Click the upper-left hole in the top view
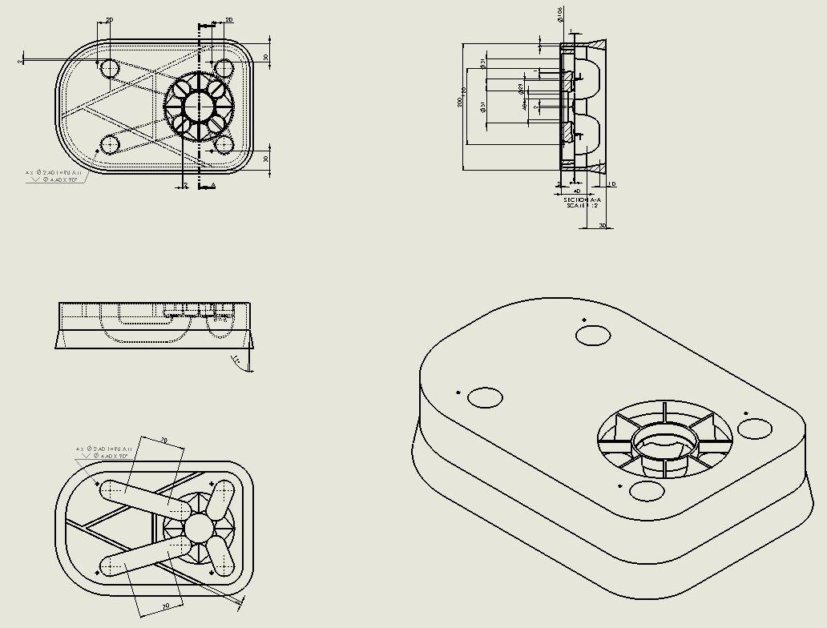tap(109, 67)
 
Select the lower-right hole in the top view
tap(224, 144)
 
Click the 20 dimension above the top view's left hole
tap(108, 20)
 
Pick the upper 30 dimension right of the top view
tap(266, 58)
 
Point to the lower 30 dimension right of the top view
tap(266, 159)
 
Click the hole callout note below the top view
tap(54, 176)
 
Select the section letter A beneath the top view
tap(212, 186)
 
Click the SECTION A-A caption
tap(582, 199)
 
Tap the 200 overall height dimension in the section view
tap(460, 103)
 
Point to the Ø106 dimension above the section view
tap(559, 14)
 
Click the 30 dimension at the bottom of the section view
tap(603, 226)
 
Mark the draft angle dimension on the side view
tap(236, 360)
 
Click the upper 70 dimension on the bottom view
tap(163, 441)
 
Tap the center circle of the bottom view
tap(197, 526)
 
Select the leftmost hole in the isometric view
tap(485, 397)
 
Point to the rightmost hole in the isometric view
tap(754, 428)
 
